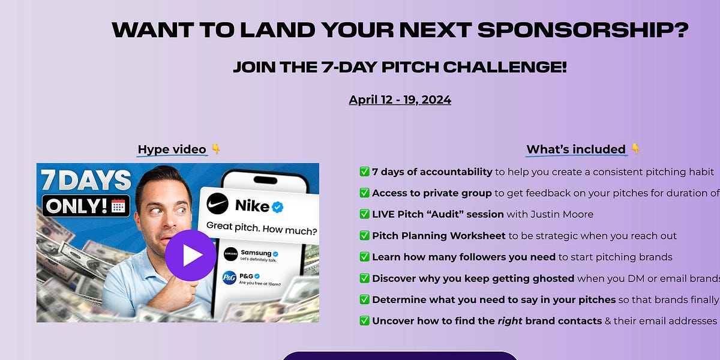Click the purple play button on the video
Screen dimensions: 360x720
190,255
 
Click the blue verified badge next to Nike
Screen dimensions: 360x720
277,206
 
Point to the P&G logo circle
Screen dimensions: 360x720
229,278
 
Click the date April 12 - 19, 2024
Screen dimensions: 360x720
400,100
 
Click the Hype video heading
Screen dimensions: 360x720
172,149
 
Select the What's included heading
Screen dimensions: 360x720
576,149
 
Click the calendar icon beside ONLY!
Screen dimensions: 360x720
118,206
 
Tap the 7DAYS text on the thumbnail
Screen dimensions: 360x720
85,180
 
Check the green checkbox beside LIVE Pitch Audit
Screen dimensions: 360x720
364,214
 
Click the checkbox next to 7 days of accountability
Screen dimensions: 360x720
364,172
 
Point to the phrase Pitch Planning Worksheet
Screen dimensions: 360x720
439,236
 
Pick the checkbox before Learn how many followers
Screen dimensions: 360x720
364,257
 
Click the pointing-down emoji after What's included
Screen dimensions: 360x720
635,149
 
